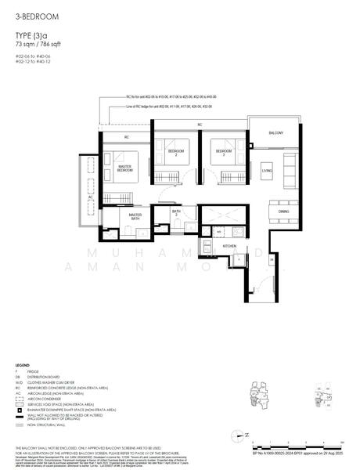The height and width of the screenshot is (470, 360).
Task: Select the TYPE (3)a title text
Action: click(31, 36)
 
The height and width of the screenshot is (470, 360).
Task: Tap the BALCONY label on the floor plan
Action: click(265, 134)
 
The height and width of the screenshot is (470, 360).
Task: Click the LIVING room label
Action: click(267, 170)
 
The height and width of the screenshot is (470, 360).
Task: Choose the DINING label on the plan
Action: click(284, 211)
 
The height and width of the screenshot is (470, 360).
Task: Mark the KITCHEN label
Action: click(229, 246)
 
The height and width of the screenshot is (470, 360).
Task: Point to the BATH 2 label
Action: click(176, 212)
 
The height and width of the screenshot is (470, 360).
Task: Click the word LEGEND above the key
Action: click(24, 365)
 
